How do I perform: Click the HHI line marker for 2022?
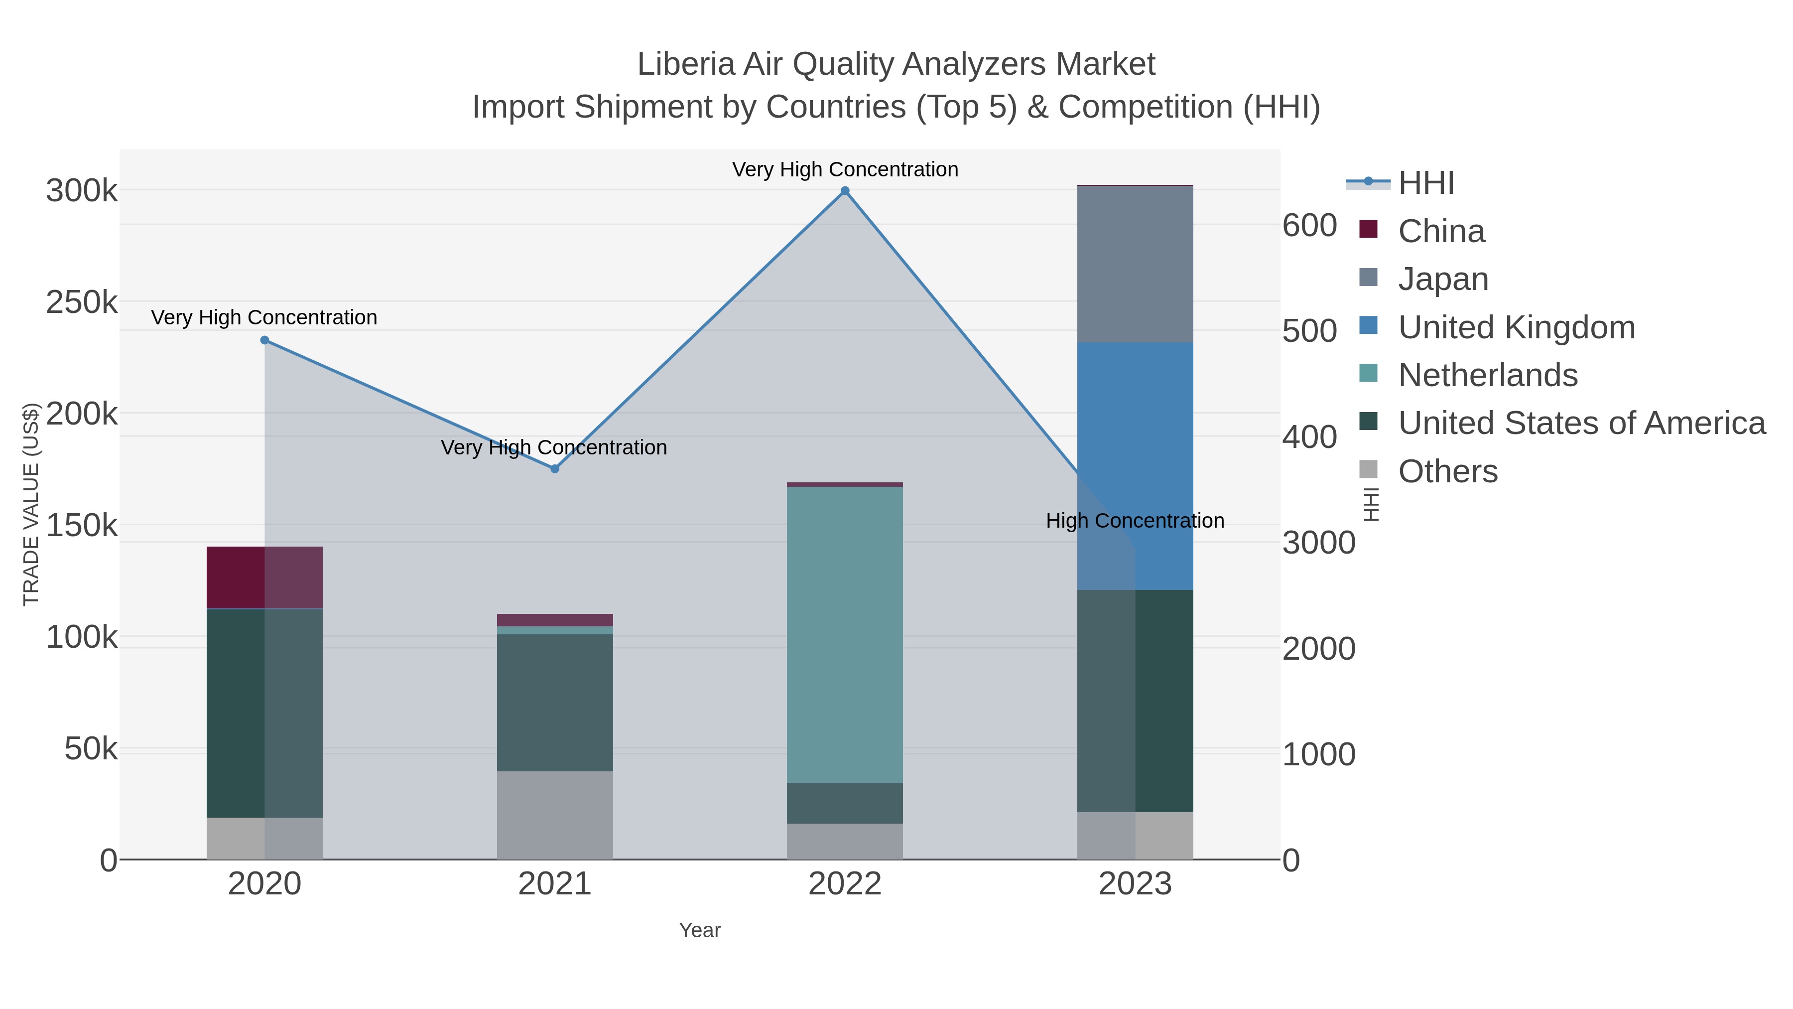tap(845, 191)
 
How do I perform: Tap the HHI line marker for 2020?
tap(264, 340)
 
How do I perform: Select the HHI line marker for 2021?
tap(555, 469)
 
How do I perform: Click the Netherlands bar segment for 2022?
tap(845, 634)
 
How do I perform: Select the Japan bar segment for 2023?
tap(1135, 264)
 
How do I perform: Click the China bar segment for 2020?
tap(264, 577)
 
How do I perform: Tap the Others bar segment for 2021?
tap(555, 815)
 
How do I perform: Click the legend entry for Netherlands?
tap(1487, 375)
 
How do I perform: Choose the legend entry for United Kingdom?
tap(1516, 327)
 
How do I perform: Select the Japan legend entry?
tap(1443, 279)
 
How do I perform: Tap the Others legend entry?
tap(1448, 471)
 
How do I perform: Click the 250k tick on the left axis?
tap(82, 302)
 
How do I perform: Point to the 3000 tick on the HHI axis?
tap(1319, 543)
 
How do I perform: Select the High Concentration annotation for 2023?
tap(1135, 521)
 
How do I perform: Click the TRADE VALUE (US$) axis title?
tap(31, 504)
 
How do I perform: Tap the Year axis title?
tap(700, 930)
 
